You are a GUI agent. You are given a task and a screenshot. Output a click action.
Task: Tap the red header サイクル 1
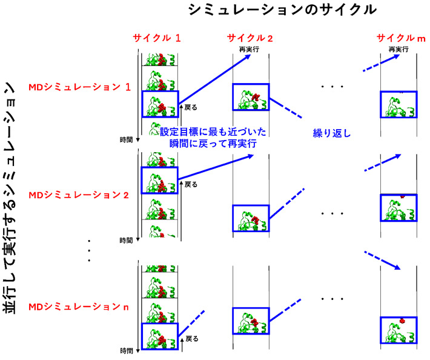157,38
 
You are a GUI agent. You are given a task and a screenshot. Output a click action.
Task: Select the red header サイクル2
250,38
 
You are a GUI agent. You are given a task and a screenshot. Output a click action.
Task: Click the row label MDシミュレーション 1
79,87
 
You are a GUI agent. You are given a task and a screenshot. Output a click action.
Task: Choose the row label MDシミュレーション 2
79,195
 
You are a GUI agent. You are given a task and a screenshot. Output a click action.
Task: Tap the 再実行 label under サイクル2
250,49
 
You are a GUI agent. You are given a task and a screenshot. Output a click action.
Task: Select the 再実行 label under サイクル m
397,49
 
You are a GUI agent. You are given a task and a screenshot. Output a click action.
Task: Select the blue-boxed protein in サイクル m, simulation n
399,331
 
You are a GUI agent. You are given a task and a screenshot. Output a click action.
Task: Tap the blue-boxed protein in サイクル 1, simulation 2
159,181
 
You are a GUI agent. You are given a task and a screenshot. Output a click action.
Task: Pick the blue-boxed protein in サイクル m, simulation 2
399,208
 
